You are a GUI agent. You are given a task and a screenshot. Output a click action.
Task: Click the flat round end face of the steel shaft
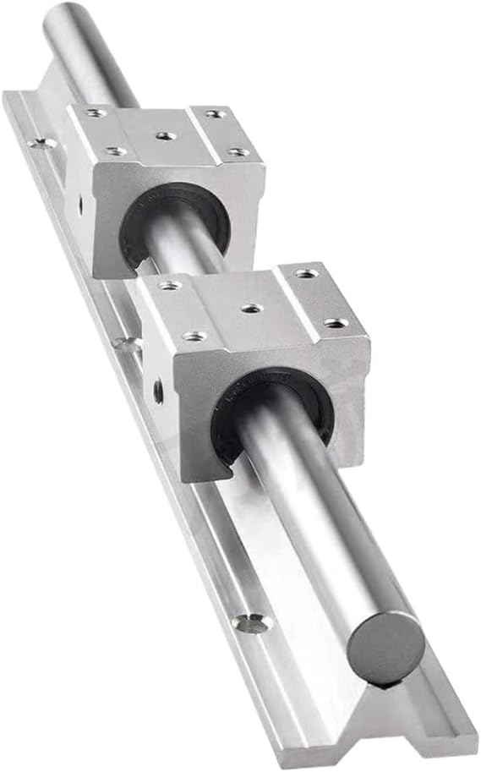385,647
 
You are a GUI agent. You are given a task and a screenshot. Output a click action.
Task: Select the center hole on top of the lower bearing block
250,308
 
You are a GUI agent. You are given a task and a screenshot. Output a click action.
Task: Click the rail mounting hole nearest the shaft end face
251,623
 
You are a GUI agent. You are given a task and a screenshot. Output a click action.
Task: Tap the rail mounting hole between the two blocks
127,344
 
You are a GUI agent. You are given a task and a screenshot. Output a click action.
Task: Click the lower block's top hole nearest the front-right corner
335,323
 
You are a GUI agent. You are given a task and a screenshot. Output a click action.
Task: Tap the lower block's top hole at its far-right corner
306,273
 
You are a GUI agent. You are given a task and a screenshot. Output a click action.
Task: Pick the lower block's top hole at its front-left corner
194,336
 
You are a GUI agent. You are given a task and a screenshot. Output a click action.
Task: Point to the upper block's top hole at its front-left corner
114,151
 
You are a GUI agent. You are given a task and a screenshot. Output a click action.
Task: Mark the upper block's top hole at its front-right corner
238,152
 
